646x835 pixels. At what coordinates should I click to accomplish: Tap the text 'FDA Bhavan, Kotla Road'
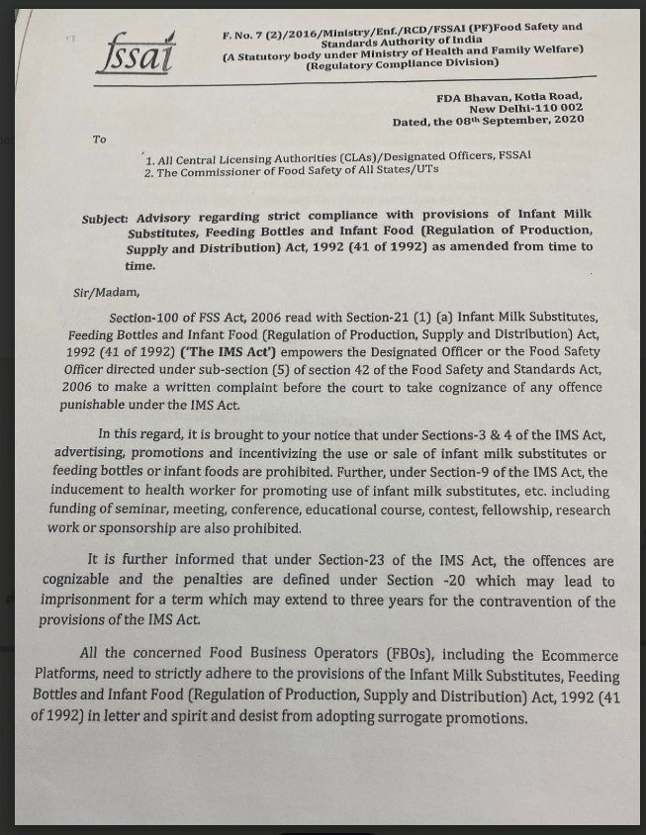point(508,96)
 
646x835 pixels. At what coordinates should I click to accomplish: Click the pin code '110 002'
point(558,108)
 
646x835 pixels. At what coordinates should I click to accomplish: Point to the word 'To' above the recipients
point(100,139)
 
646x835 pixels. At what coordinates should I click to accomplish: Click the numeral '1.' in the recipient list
point(149,158)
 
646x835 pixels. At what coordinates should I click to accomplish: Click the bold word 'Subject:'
point(105,217)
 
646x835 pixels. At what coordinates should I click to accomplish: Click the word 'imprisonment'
point(88,602)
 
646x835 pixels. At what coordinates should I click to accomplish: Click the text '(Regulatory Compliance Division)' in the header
point(402,63)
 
